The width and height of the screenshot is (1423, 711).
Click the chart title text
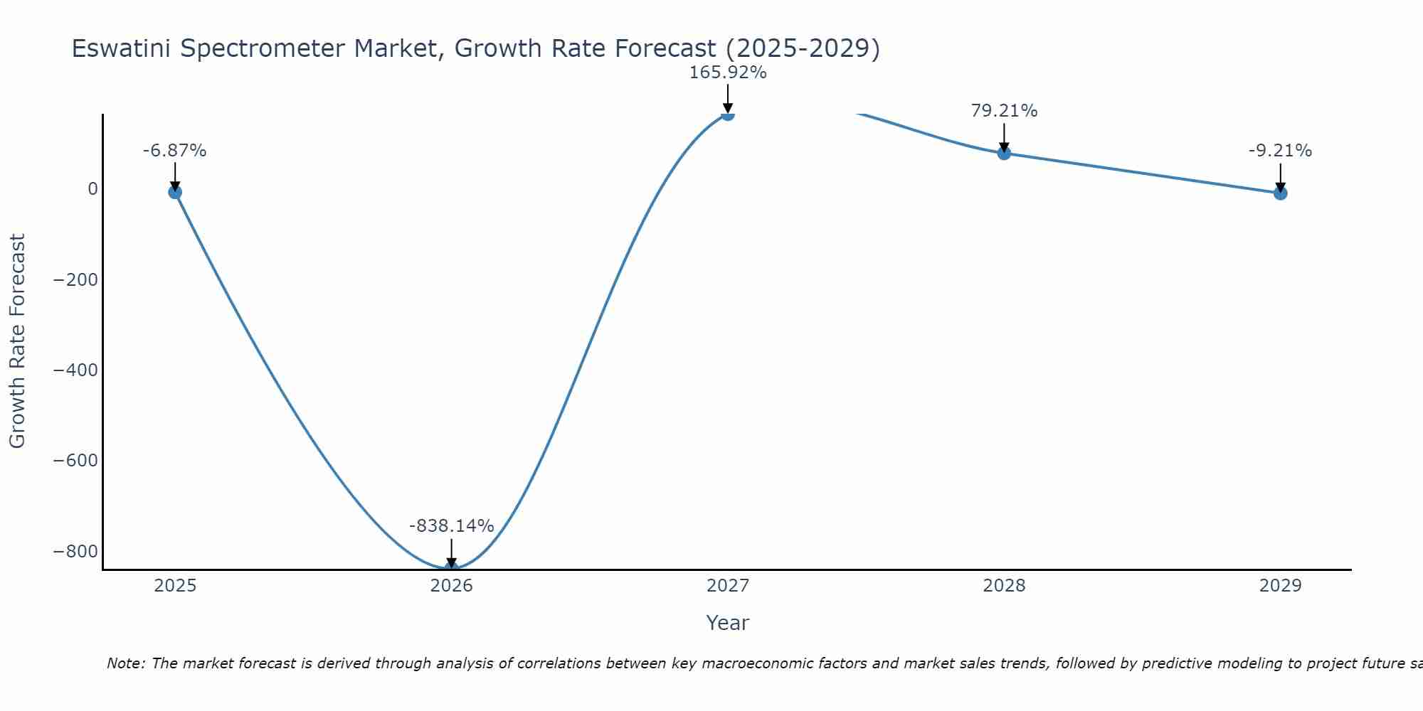(x=475, y=48)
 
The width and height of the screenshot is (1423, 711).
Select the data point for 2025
(x=175, y=192)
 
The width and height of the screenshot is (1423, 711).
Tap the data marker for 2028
(x=1004, y=153)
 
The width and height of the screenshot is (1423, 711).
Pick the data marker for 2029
(x=1280, y=193)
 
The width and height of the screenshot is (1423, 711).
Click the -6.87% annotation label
(x=174, y=151)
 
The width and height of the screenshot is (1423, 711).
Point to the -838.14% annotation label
(x=451, y=526)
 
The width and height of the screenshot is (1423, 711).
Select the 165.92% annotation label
(x=727, y=73)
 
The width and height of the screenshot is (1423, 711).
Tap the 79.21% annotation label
(x=1004, y=111)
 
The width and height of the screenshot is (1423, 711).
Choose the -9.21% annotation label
(x=1280, y=151)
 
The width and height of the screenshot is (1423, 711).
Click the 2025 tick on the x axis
(x=175, y=586)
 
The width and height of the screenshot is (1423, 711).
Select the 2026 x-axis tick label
(x=451, y=586)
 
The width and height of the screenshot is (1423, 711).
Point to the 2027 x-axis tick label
(x=727, y=586)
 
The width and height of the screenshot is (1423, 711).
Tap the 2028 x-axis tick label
(x=1004, y=586)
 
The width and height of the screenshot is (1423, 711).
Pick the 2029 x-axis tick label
(x=1280, y=586)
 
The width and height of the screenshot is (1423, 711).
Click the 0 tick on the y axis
(x=92, y=189)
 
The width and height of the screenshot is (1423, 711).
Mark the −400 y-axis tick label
(x=75, y=370)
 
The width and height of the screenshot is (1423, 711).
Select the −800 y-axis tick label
(x=75, y=552)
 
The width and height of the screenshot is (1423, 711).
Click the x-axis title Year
(x=727, y=624)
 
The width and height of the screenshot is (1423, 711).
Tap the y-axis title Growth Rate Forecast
(x=17, y=341)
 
